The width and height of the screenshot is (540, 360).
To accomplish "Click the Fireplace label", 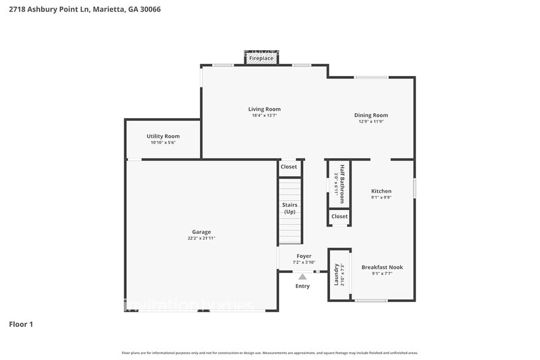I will (261, 58).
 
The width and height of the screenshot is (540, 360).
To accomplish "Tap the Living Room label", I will (264, 109).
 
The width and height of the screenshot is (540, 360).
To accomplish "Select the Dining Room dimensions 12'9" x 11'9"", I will (371, 121).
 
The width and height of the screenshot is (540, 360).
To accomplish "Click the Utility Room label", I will (163, 136).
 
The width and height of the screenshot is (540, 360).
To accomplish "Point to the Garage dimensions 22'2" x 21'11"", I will (201, 238).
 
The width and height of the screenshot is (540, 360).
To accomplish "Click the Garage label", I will (201, 232).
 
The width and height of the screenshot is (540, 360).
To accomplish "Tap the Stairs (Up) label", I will (290, 208).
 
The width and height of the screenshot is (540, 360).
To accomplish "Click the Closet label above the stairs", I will (289, 167).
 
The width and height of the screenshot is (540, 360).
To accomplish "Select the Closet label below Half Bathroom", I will (339, 216).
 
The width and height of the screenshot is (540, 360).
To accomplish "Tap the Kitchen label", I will (381, 191).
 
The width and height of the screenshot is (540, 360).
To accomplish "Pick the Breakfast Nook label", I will (382, 267).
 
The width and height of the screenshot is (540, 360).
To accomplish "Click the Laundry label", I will (336, 275).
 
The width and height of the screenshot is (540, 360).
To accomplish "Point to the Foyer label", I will (304, 256).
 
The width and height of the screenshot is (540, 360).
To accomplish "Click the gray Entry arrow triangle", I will (302, 277).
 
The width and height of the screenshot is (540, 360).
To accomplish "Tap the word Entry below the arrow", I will (302, 286).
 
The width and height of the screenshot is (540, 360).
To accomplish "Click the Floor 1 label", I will (21, 324).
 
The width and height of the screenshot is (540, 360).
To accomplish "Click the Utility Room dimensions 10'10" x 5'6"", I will (163, 143).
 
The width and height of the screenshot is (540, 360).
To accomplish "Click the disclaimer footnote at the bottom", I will (270, 353).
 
